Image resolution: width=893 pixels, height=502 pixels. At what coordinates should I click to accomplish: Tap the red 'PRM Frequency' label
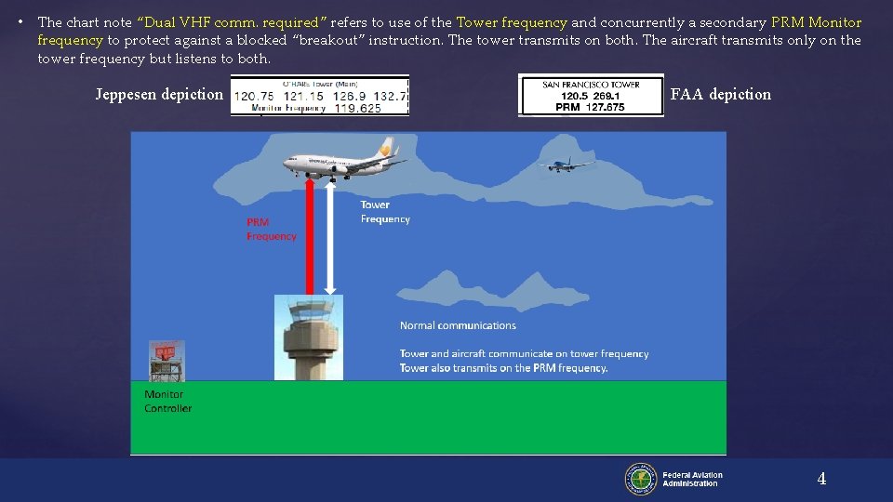point(271,230)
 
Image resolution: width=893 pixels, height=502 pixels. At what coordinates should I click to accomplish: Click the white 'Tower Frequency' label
point(384,212)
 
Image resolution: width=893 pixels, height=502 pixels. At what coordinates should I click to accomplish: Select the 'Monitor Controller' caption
point(167,402)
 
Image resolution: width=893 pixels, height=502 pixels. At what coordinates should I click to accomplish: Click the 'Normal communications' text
point(458,325)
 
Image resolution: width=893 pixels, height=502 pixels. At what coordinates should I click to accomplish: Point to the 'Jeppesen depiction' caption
point(159,94)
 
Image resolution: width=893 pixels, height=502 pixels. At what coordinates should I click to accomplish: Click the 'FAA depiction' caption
point(720,94)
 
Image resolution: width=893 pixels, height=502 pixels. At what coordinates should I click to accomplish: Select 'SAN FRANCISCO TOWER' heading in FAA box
point(591,85)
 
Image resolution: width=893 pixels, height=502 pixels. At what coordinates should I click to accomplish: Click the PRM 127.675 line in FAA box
point(591,107)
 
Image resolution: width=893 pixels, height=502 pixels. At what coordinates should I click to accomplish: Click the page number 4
point(820,479)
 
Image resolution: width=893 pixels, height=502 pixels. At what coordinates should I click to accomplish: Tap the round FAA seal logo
point(641,479)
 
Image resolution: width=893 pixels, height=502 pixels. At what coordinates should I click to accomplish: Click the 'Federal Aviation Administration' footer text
point(692,479)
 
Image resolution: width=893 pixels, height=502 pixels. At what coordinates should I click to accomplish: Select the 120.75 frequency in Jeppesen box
point(253,95)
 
